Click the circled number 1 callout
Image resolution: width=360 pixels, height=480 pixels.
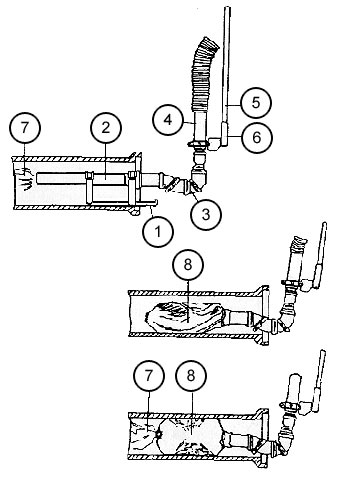(158, 232)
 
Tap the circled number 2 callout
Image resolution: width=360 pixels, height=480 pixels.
(106, 128)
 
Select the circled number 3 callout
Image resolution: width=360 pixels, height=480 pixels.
(206, 214)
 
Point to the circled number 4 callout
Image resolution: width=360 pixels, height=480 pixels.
(168, 120)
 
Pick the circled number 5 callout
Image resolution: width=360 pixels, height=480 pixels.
(256, 102)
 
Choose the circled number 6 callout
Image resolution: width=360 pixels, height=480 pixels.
(257, 137)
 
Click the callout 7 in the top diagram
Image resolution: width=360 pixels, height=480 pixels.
(25, 128)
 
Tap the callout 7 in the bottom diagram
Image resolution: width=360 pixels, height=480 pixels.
(148, 377)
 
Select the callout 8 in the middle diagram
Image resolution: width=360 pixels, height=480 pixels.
(188, 264)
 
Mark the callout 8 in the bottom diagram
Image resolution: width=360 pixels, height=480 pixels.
(191, 377)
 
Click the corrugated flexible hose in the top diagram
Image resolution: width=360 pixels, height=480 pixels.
(202, 75)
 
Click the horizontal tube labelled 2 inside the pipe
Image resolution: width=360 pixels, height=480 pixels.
(83, 178)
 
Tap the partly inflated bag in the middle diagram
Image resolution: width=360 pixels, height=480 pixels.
(185, 317)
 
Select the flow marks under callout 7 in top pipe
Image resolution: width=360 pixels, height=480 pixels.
(24, 180)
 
